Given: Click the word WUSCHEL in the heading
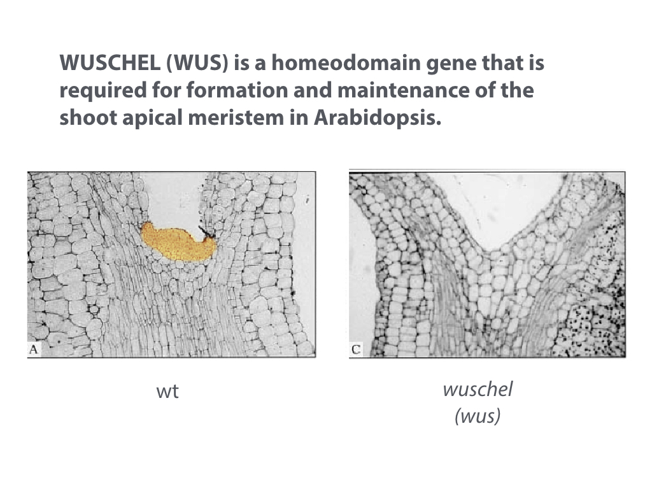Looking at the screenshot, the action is tap(110, 63).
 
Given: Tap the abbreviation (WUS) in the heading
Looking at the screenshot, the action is tap(197, 63).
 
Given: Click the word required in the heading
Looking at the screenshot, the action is tap(103, 91).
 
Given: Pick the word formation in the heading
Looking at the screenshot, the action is tap(237, 90).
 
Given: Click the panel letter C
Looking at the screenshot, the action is tap(356, 350).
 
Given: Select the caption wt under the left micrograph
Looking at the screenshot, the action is tap(167, 392).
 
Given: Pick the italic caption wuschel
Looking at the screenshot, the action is tap(478, 390).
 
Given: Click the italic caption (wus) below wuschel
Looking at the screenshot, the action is tap(478, 416).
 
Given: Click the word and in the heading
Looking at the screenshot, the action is tap(313, 90).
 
